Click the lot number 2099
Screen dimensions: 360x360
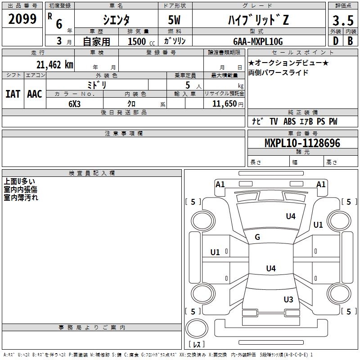(22, 19)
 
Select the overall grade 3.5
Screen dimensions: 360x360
(343, 20)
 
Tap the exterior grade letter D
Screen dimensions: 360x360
(336, 41)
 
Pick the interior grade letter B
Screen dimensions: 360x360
(350, 41)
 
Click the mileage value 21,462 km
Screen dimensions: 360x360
(55, 65)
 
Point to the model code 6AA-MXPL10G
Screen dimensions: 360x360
(258, 41)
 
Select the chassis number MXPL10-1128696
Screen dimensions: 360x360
(302, 143)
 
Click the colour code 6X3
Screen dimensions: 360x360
(75, 104)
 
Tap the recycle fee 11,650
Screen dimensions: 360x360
(225, 104)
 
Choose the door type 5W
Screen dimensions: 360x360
(174, 20)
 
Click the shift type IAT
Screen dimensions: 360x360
(13, 94)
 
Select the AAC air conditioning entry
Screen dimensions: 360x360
(35, 94)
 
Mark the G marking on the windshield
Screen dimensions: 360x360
(257, 237)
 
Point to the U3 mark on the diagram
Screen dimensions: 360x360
(288, 299)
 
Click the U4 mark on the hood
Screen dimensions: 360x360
(291, 216)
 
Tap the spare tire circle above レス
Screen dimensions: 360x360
(197, 328)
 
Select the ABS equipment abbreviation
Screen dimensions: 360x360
(289, 121)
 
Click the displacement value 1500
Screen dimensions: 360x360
(137, 41)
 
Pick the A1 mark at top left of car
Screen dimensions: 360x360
(220, 184)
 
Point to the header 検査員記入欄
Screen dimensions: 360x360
(92, 173)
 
